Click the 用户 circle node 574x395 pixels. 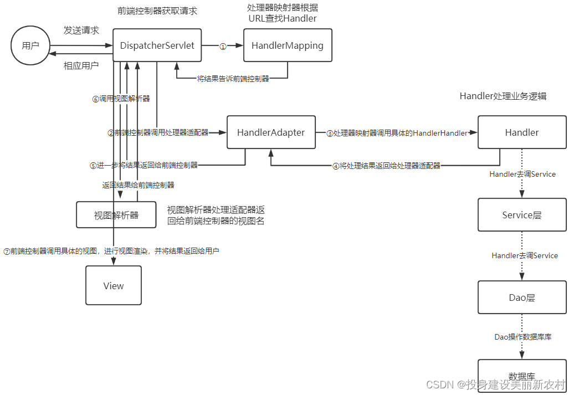pyautogui.click(x=30, y=45)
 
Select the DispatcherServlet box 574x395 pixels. pyautogui.click(x=157, y=45)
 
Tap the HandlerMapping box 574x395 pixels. pyautogui.click(x=288, y=45)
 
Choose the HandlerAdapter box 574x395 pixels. pyautogui.click(x=271, y=132)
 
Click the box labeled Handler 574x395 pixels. pyautogui.click(x=521, y=132)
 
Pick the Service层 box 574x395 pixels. pyautogui.click(x=521, y=215)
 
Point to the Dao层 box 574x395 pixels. pyautogui.click(x=521, y=297)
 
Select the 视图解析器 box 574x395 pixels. pyautogui.click(x=116, y=215)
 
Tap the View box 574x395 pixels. pyautogui.click(x=114, y=285)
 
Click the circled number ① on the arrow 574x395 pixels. pyautogui.click(x=223, y=47)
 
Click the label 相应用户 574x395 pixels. pyautogui.click(x=81, y=65)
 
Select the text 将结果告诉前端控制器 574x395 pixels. pyautogui.click(x=233, y=79)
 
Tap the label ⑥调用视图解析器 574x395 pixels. pyautogui.click(x=121, y=99)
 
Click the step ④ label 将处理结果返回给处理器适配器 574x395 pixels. pyautogui.click(x=386, y=165)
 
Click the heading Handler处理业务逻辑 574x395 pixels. pyautogui.click(x=503, y=96)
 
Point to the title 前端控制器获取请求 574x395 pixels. pyautogui.click(x=157, y=11)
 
